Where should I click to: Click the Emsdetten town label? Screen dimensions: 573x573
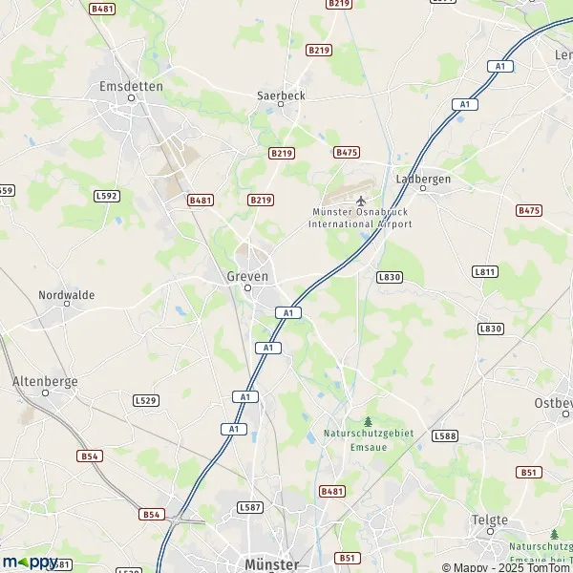pos(131,85)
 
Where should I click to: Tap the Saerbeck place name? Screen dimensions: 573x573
pos(280,95)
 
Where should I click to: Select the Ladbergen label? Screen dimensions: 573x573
pos(423,179)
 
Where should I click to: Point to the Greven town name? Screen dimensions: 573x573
pos(247,275)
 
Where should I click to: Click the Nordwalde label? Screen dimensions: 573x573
pos(66,295)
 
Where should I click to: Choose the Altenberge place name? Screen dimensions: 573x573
pos(44,381)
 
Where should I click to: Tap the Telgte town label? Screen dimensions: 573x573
pos(490,520)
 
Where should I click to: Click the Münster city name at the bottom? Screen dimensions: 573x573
pos(272,563)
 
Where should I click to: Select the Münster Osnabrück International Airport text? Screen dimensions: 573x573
pos(360,218)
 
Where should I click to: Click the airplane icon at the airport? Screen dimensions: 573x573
pos(361,200)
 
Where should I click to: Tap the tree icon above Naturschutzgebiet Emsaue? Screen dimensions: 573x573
pos(368,420)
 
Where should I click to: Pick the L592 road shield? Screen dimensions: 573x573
pos(106,196)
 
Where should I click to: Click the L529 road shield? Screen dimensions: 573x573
pos(145,399)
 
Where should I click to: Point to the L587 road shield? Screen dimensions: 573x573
pos(249,507)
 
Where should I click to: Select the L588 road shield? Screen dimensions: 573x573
pos(444,435)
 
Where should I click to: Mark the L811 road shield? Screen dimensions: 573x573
pos(485,272)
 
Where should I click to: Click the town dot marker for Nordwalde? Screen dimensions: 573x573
pos(67,305)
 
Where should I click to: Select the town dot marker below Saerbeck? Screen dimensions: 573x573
pos(281,104)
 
